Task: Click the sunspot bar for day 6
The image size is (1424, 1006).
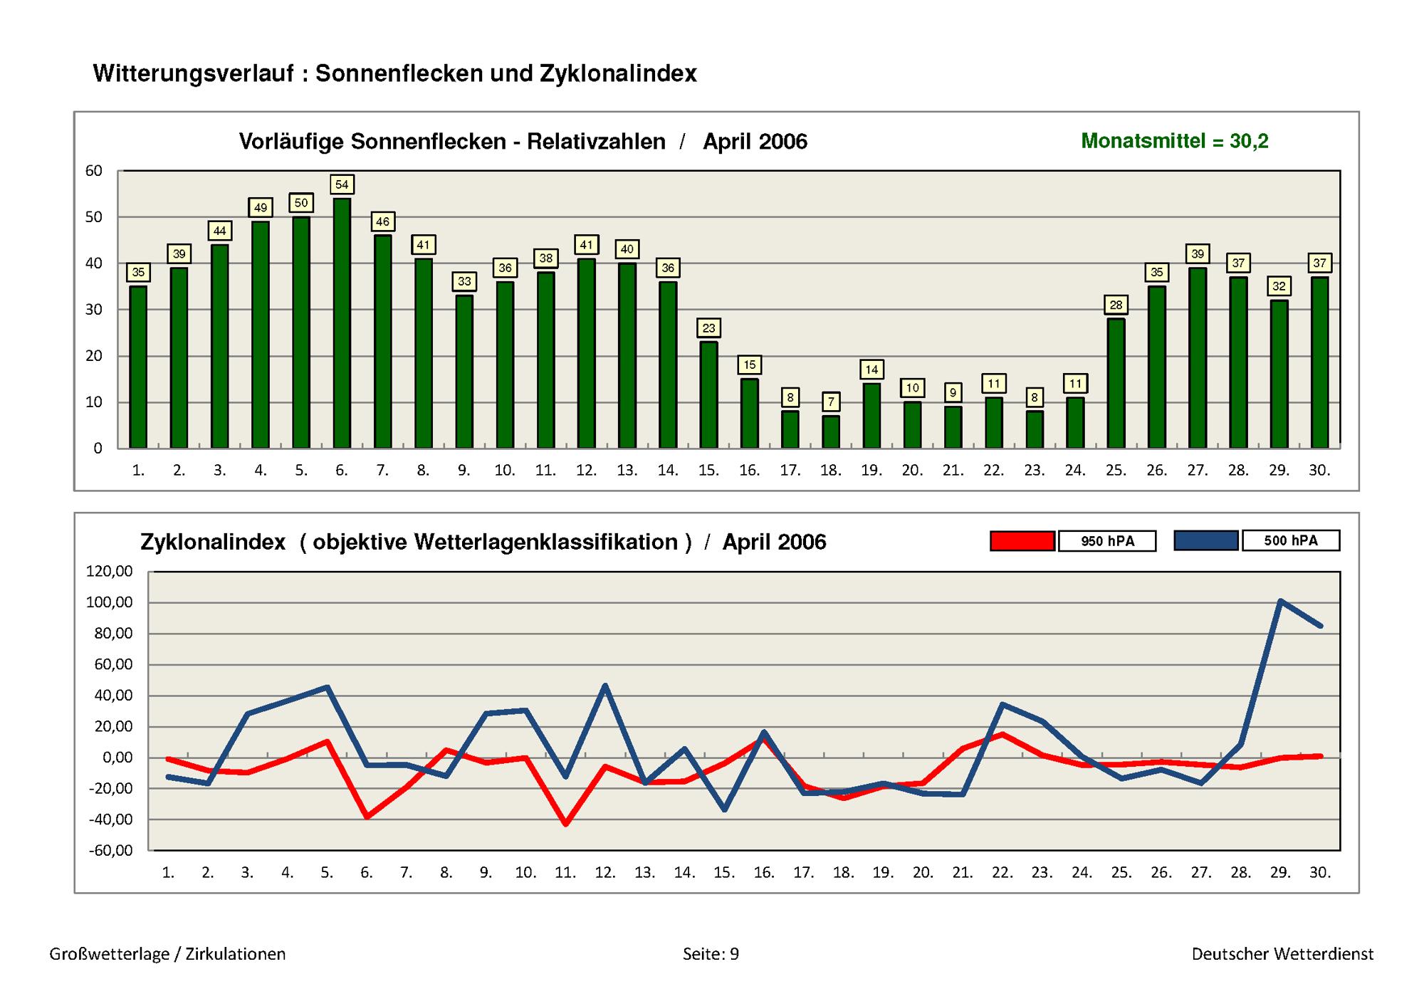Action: point(342,323)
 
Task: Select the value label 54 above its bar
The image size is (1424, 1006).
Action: point(342,184)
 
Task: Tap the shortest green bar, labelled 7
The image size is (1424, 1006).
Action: point(831,432)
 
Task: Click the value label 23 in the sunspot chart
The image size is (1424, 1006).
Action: point(708,328)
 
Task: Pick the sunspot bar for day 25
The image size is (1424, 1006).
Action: point(1116,383)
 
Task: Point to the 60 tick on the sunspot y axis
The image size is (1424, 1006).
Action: point(94,171)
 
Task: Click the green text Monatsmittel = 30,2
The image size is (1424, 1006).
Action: point(1175,141)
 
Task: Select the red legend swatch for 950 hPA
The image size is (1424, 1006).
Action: point(1022,541)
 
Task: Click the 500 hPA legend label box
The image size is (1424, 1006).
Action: point(1291,540)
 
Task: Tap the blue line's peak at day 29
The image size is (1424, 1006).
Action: point(1280,601)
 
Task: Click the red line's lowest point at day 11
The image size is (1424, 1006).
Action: point(565,824)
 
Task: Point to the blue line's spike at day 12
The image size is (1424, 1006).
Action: point(605,686)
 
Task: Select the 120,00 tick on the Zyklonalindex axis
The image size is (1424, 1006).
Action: point(110,571)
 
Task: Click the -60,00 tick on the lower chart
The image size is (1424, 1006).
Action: point(110,850)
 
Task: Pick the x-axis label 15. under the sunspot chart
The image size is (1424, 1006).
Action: point(708,471)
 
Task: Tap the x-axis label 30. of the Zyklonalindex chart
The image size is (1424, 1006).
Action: point(1320,872)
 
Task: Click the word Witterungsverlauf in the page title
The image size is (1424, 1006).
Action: point(193,73)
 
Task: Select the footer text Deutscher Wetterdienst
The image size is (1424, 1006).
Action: point(1283,954)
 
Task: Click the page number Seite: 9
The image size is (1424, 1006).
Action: point(711,954)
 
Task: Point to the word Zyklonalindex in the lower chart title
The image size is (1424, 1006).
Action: point(213,543)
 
